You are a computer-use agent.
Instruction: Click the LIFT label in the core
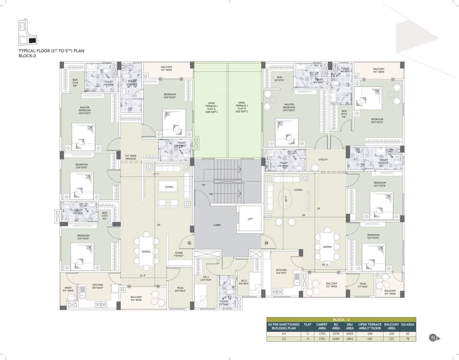tap(250, 219)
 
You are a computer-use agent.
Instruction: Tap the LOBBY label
tap(217, 225)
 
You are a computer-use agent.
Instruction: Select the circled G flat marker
tap(190, 243)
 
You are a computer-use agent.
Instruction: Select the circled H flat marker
tap(266, 243)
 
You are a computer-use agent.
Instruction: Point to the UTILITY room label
tap(323, 159)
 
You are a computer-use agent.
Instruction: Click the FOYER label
tap(179, 254)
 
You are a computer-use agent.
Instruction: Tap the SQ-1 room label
tap(206, 278)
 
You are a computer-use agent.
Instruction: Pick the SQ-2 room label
tap(244, 282)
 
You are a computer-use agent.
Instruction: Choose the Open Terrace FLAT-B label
tap(242, 107)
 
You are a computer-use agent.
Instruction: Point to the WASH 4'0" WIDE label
tap(68, 289)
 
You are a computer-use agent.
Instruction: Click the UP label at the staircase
tap(203, 185)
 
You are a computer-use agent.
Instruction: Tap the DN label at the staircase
tap(211, 194)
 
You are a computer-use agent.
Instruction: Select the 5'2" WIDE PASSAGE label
tap(130, 157)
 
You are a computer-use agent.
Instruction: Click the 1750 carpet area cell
tap(322, 333)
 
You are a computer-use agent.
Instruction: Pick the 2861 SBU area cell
tap(349, 339)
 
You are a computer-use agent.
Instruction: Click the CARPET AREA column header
tap(322, 326)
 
